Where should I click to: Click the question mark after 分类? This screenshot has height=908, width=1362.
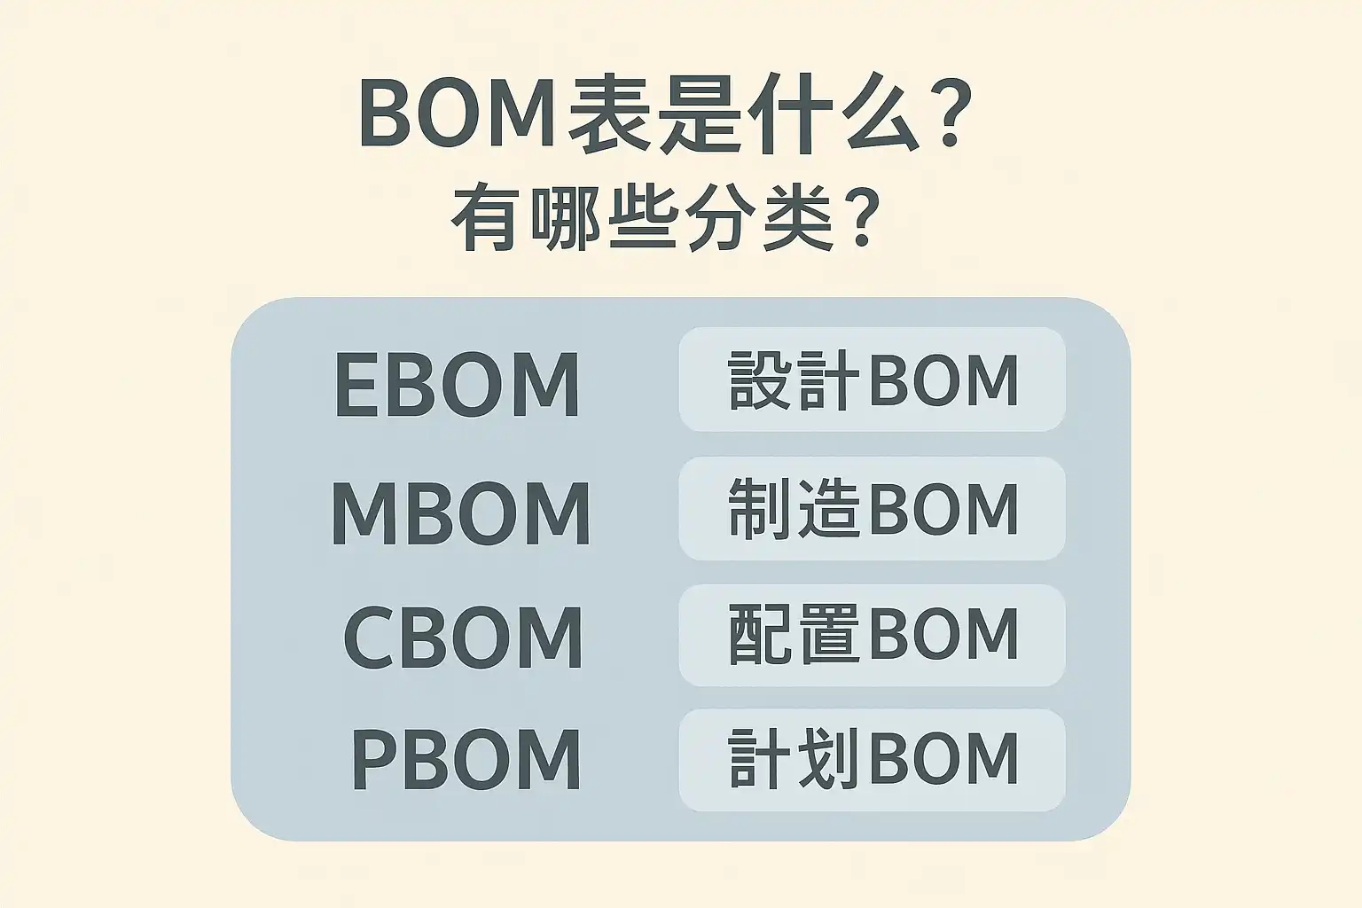(857, 218)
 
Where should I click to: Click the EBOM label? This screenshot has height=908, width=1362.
(458, 385)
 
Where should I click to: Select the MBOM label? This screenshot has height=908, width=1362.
(460, 513)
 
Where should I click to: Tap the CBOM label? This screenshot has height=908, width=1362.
(463, 638)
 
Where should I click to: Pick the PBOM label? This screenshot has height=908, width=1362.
(466, 760)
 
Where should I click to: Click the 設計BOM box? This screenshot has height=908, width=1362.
(872, 380)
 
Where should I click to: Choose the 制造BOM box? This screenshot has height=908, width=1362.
(872, 508)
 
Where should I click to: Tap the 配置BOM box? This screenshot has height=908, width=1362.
(872, 635)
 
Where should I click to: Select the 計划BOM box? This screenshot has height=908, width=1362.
(872, 760)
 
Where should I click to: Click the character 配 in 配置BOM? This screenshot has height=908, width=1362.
(761, 635)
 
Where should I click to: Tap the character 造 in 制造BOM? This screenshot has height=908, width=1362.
(828, 509)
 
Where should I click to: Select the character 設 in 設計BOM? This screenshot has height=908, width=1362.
(761, 380)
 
